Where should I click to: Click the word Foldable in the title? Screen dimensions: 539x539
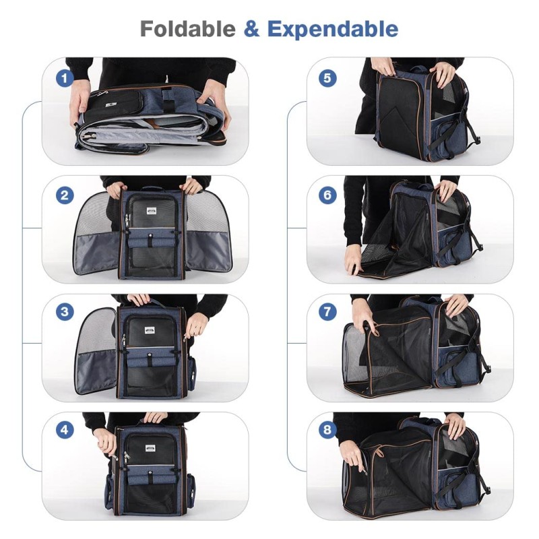coord(187,29)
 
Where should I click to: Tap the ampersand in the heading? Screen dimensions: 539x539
coord(251,29)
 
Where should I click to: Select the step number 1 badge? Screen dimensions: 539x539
coord(65,78)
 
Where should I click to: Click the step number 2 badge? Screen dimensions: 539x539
coord(65,196)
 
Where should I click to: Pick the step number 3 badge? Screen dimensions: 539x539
coord(65,312)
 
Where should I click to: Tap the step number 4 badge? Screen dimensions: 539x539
coord(65,429)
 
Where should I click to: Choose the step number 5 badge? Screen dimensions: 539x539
coord(327,78)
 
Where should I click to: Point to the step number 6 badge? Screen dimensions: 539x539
coord(327,196)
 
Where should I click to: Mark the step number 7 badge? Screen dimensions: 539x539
coord(327,312)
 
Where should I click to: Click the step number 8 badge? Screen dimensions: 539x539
coord(327,429)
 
